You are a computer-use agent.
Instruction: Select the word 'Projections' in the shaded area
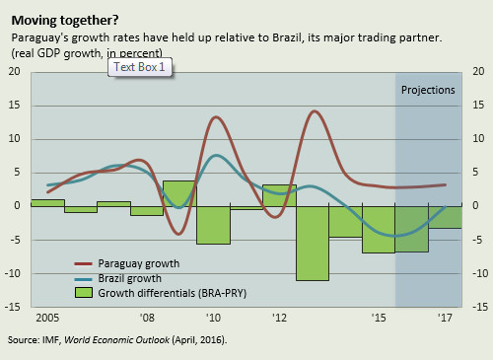(x=428, y=90)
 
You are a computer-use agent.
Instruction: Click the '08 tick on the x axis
(x=146, y=319)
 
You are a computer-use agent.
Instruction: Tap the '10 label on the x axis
(x=213, y=319)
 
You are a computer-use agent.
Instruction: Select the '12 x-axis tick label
(x=279, y=319)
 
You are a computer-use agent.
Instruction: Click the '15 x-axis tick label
(x=379, y=319)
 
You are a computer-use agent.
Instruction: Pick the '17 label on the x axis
(x=444, y=319)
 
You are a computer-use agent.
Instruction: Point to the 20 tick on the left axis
(x=14, y=72)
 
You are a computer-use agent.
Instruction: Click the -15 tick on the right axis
(x=477, y=307)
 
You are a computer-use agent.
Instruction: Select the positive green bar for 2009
(x=179, y=193)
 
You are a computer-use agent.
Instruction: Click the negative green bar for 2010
(x=213, y=225)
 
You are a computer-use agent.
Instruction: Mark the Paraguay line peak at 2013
(x=315, y=111)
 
